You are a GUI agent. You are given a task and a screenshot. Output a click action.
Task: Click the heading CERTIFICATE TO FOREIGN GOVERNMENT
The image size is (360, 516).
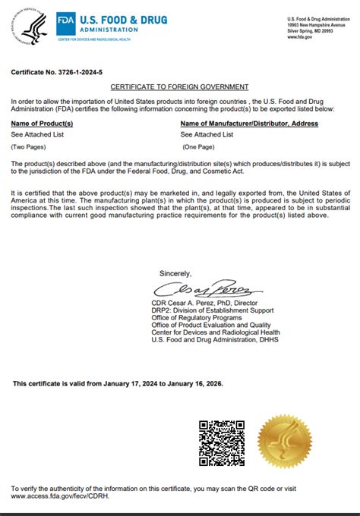point(180,88)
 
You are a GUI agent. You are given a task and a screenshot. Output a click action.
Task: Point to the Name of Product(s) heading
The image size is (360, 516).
point(42,122)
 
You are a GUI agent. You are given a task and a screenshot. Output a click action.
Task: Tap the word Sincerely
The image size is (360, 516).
point(175,273)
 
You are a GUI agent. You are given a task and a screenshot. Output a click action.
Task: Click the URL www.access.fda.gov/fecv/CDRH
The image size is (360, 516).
point(58,496)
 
